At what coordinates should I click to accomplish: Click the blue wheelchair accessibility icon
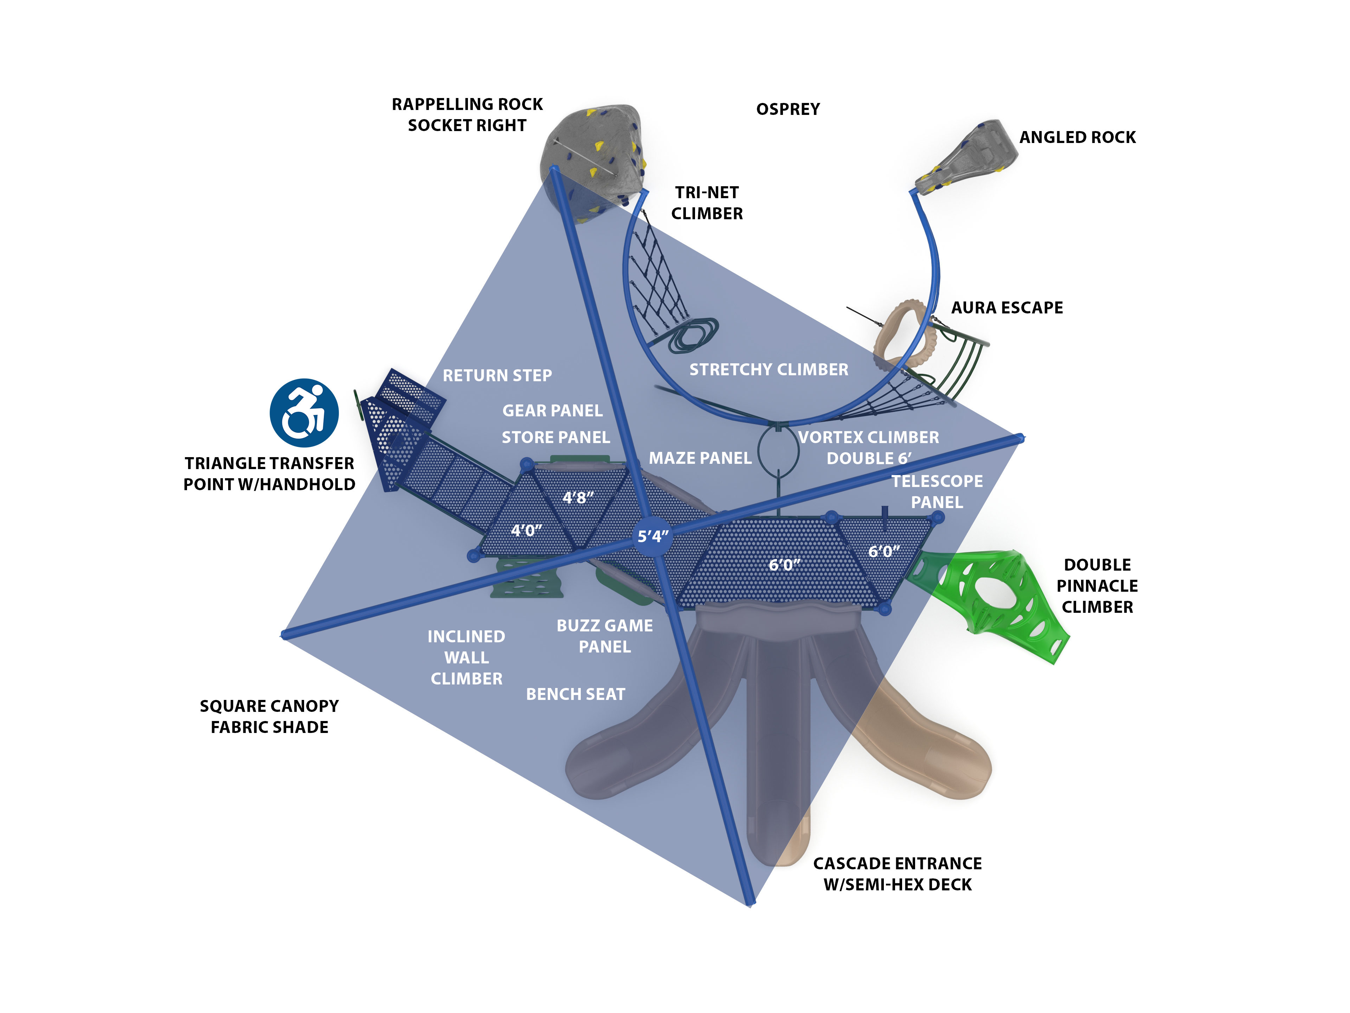click(304, 413)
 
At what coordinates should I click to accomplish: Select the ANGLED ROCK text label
click(1077, 137)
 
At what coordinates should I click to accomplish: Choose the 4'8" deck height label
click(577, 498)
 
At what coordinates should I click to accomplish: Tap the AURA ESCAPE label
click(1007, 307)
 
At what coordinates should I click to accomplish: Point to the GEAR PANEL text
click(552, 410)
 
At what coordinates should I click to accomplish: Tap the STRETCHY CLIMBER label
click(769, 370)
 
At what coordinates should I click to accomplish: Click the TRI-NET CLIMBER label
click(707, 203)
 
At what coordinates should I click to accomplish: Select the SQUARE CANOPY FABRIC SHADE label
click(269, 716)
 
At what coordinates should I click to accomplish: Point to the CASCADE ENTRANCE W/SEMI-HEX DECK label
click(897, 874)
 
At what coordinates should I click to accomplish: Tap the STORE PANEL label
click(555, 437)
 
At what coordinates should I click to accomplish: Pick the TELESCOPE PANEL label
click(937, 492)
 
